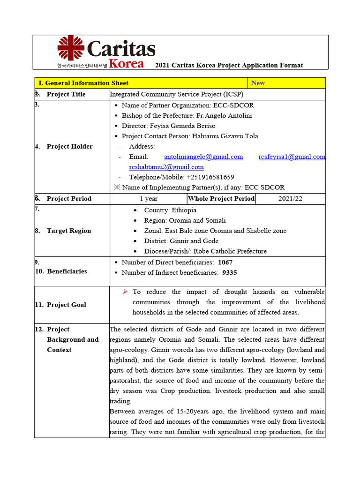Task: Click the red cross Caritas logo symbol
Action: point(71,48)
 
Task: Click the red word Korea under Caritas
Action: point(127,64)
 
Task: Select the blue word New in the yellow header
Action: point(258,83)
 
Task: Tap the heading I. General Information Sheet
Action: point(83,83)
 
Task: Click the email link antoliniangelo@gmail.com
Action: point(203,157)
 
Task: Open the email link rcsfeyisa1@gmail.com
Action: point(292,157)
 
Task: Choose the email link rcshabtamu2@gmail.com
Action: point(166,167)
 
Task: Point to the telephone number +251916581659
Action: point(208,177)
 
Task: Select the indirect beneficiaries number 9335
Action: point(230,272)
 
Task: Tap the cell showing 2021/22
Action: point(290,199)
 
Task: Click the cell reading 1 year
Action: point(148,199)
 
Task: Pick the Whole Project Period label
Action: point(221,199)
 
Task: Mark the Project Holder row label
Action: point(69,146)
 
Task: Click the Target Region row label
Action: point(69,231)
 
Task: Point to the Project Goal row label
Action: point(66,305)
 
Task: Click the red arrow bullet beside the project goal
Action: point(125,292)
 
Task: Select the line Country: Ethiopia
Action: point(170,210)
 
